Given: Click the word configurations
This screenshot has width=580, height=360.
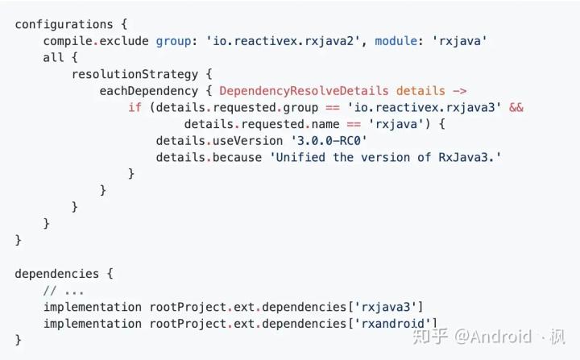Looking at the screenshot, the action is (64, 24).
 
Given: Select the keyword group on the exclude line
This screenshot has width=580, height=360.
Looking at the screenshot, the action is (173, 41).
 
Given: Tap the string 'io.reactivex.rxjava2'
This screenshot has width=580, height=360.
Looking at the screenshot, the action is (284, 41).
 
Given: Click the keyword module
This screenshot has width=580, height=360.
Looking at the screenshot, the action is (396, 41).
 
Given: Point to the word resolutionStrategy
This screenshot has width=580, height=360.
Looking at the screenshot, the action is (135, 74).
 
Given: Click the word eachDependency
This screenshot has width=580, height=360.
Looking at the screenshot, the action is (149, 91).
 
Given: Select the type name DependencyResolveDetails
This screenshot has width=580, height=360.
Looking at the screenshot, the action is (304, 91).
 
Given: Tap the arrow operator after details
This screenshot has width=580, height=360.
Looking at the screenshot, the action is (460, 91).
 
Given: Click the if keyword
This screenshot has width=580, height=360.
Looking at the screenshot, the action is (135, 107).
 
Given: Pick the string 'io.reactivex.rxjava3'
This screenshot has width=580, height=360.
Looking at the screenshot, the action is (425, 108).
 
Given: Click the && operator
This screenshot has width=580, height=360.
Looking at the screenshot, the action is (516, 107).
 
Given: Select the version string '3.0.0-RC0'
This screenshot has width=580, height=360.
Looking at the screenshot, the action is (329, 141).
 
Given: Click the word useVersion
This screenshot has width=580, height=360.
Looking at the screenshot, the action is (248, 141).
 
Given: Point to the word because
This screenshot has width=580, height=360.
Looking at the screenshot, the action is (237, 158).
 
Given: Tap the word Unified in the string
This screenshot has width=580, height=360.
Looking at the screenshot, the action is (300, 158).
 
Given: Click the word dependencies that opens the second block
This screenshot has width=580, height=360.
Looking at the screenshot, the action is (57, 274).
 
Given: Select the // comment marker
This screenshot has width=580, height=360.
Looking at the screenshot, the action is (50, 291).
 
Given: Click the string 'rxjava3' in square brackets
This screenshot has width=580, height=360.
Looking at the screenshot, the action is (386, 307).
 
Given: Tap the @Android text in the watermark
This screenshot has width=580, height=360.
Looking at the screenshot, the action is (493, 337).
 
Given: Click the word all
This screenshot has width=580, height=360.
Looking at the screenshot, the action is (53, 58).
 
